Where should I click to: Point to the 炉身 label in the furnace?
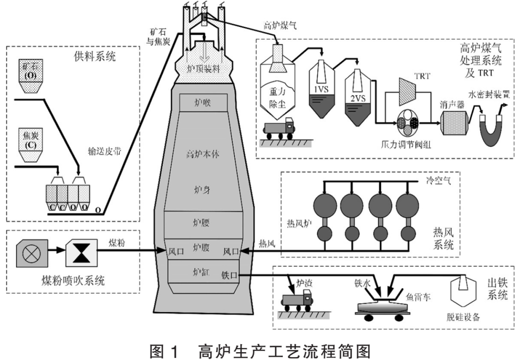coord(201,188)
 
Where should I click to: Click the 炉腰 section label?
coord(201,224)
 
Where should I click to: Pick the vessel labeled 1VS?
coord(322,90)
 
